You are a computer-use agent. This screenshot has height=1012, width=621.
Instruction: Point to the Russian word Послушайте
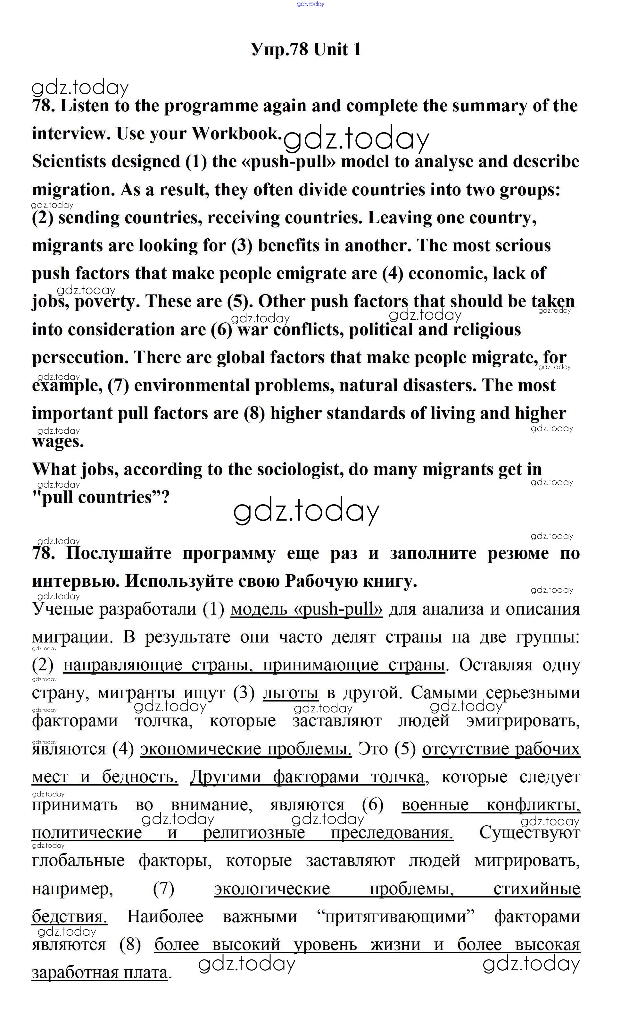tap(119, 553)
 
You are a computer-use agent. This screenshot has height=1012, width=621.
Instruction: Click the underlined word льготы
tap(290, 693)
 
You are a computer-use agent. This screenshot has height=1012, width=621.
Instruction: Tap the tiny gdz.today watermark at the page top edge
tap(310, 4)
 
